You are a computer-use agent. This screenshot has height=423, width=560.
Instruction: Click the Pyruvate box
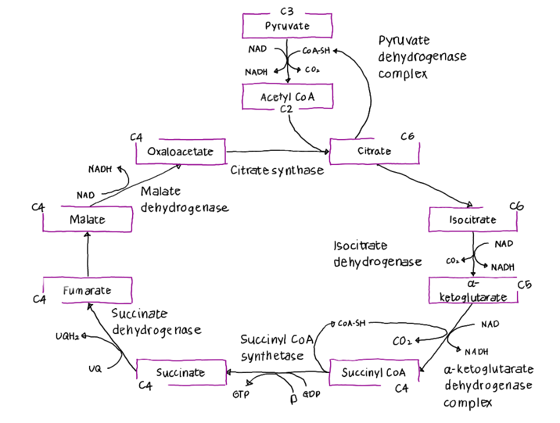(x=287, y=26)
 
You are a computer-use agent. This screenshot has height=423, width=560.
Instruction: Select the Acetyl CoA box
(x=287, y=97)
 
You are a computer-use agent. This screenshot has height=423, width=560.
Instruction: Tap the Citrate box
(x=374, y=151)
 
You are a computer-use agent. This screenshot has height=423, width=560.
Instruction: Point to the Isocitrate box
(x=473, y=220)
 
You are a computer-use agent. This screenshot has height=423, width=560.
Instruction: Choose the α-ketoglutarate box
(x=473, y=290)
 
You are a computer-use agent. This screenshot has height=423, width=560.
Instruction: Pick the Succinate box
(x=181, y=372)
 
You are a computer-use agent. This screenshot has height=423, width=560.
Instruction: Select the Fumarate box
(x=87, y=290)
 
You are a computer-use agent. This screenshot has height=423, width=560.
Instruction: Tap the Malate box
(x=87, y=220)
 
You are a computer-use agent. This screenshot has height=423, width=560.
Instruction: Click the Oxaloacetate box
(x=180, y=151)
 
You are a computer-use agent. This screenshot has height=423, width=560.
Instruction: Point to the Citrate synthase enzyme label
(x=277, y=170)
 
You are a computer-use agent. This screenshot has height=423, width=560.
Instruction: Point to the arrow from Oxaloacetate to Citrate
(x=277, y=151)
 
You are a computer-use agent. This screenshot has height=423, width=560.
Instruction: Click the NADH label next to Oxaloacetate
(x=100, y=169)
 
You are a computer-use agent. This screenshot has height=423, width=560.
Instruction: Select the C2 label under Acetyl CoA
(x=286, y=110)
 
